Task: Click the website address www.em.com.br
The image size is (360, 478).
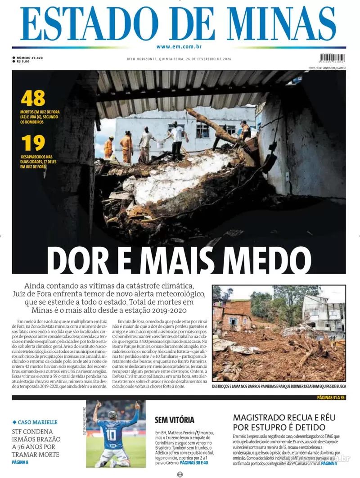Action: coord(180,47)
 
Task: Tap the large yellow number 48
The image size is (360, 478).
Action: coord(33,98)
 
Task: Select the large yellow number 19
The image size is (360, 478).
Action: coord(33,143)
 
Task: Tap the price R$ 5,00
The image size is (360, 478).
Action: coord(23,62)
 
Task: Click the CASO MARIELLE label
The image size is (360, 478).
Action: coord(38,422)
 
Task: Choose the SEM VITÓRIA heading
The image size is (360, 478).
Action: coord(175,420)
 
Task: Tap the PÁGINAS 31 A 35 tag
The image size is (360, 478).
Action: coord(331,397)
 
